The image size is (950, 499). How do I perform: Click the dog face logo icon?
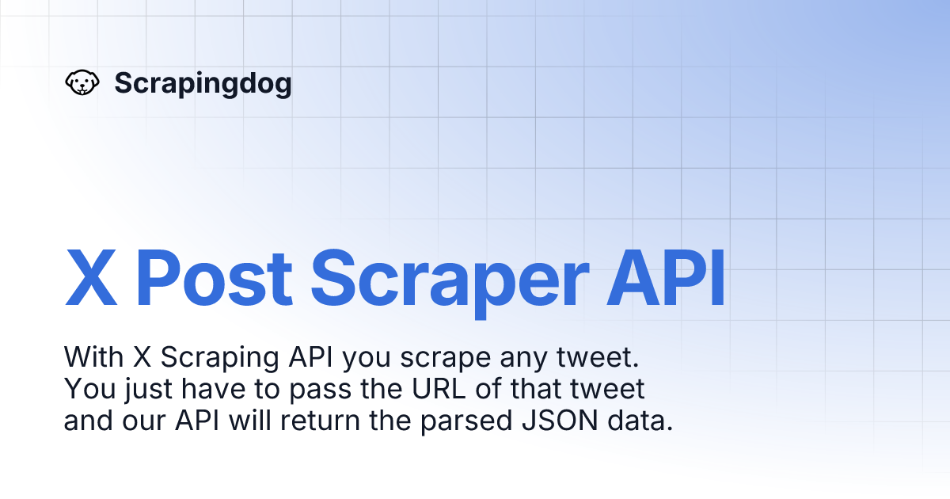click(81, 82)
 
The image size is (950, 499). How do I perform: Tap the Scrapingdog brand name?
click(203, 82)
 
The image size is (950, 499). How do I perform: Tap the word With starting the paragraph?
click(92, 358)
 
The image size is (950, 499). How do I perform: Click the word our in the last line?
click(146, 421)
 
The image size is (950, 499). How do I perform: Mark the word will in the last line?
click(251, 420)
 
